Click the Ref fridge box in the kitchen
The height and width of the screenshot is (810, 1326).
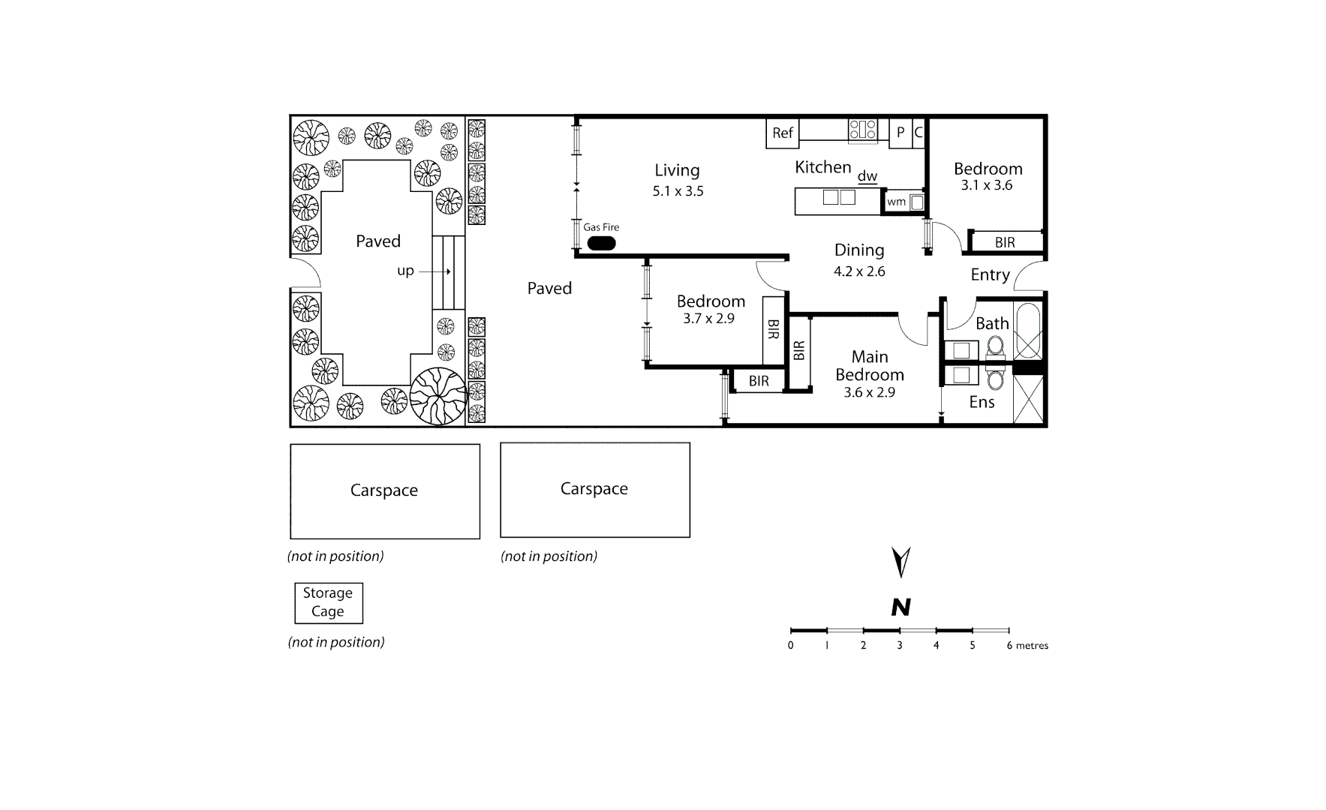(782, 133)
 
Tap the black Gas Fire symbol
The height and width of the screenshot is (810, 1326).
(601, 244)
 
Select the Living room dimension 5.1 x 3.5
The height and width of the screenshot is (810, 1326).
(678, 191)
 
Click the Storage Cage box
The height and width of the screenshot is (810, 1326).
(328, 602)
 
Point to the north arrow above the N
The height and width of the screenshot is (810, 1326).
(901, 562)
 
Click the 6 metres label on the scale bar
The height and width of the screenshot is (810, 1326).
(1027, 645)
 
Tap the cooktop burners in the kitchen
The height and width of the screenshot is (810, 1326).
(863, 130)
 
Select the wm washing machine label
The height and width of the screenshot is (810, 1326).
(896, 202)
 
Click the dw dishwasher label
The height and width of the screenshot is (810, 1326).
(867, 176)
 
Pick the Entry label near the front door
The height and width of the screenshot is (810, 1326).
(990, 274)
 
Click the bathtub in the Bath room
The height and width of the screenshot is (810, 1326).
(1027, 331)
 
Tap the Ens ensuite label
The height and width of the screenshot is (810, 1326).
(982, 402)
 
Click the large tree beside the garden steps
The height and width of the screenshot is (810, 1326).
(438, 396)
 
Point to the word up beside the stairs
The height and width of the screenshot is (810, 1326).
(405, 271)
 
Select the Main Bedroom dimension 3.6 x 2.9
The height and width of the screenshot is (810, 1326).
(869, 392)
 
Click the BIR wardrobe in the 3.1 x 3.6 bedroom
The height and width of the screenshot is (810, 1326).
(1005, 242)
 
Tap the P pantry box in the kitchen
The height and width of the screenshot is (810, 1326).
(900, 133)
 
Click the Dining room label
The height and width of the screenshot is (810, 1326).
(859, 250)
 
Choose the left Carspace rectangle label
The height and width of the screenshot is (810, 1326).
(384, 490)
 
